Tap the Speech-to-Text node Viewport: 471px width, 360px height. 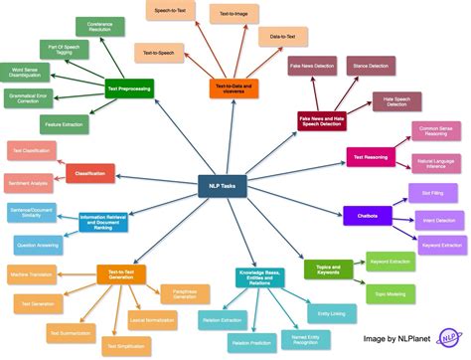pos(171,11)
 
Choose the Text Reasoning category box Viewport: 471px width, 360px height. pos(371,155)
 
